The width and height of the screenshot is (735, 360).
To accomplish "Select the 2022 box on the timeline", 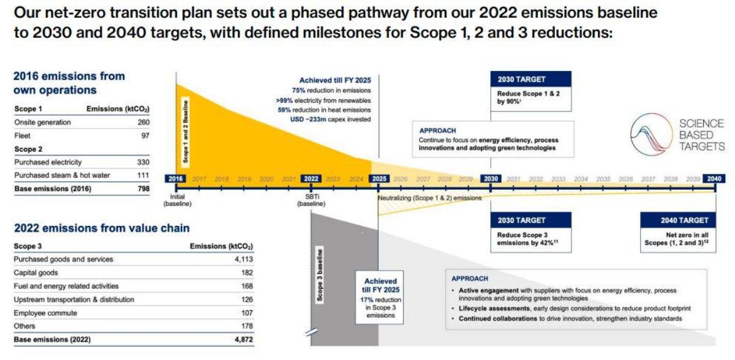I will click(311, 179).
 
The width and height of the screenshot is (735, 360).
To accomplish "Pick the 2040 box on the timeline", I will click(714, 179).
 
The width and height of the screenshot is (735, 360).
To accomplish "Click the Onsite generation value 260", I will click(144, 122).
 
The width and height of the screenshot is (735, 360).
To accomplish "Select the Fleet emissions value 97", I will click(146, 136).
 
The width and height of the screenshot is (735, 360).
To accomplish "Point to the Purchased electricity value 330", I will click(144, 162).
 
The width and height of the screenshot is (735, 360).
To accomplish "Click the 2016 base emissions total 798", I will click(144, 189).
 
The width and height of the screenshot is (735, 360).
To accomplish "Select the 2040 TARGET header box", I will click(684, 220).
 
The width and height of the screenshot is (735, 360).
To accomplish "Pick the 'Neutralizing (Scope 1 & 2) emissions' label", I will click(429, 198).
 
